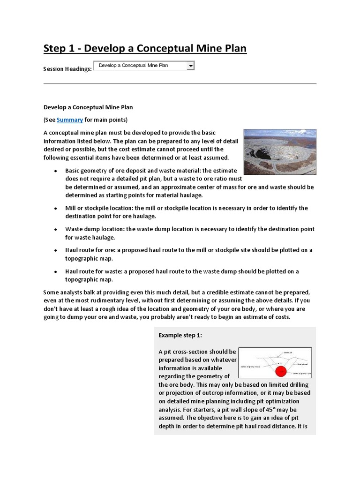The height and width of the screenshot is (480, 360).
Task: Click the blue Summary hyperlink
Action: click(x=70, y=120)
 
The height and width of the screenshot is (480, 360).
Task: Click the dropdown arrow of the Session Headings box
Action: click(x=190, y=66)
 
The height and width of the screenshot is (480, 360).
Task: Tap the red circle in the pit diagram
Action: click(x=280, y=371)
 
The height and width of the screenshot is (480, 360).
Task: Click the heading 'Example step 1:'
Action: click(x=180, y=335)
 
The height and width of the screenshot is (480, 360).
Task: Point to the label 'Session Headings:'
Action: click(x=67, y=69)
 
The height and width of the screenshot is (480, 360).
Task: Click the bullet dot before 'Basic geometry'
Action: click(x=56, y=171)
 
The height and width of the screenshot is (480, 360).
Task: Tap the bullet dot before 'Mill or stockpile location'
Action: click(x=56, y=208)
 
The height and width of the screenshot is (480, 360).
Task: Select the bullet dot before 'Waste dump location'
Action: click(x=56, y=229)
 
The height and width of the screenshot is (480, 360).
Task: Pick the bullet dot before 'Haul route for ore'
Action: click(x=56, y=250)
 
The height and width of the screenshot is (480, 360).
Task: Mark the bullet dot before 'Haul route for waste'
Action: click(x=56, y=271)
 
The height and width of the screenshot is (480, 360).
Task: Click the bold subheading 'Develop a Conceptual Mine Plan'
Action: click(x=88, y=107)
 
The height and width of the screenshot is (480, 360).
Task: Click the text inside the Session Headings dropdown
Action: click(x=133, y=66)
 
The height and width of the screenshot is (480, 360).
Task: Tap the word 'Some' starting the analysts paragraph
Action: click(x=52, y=292)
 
